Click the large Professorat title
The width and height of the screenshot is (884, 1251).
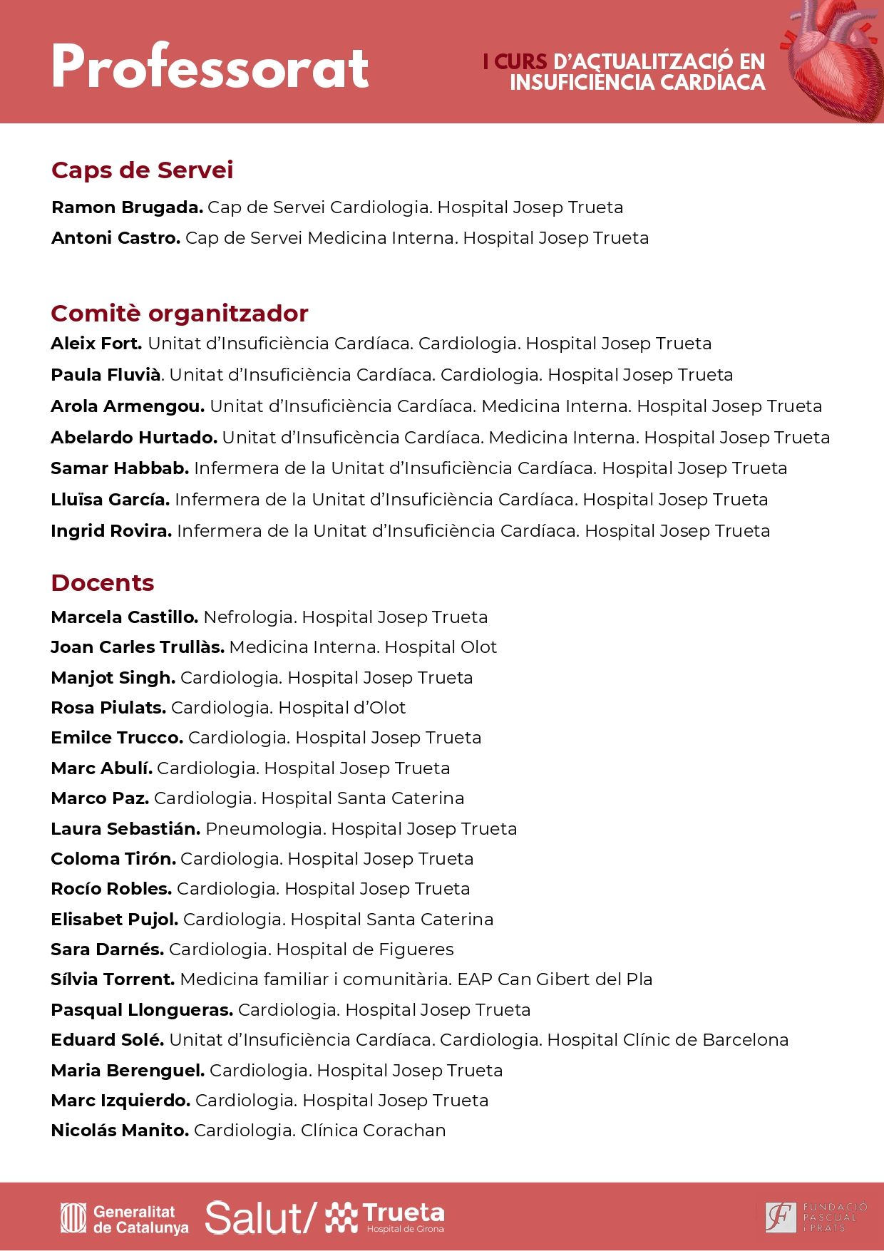pyautogui.click(x=210, y=67)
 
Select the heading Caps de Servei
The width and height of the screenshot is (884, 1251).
pyautogui.click(x=142, y=170)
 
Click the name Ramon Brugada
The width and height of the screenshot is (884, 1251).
pyautogui.click(x=127, y=207)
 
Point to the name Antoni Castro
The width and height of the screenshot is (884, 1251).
pyautogui.click(x=115, y=238)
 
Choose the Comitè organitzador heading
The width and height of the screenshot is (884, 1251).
pyautogui.click(x=179, y=314)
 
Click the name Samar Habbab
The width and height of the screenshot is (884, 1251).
pyautogui.click(x=119, y=468)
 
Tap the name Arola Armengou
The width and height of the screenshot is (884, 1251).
pyautogui.click(x=127, y=406)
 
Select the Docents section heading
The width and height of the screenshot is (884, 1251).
pyautogui.click(x=102, y=583)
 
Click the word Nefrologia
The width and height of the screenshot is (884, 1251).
pyautogui.click(x=250, y=617)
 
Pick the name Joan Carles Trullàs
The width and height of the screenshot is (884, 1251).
pyautogui.click(x=137, y=647)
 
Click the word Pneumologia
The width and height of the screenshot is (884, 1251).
pyautogui.click(x=265, y=829)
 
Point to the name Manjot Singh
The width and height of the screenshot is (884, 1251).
pyautogui.click(x=113, y=678)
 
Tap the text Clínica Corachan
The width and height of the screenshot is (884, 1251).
pyautogui.click(x=373, y=1131)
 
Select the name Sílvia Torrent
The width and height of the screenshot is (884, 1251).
pyautogui.click(x=113, y=979)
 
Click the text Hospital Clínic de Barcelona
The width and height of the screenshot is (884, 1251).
pyautogui.click(x=667, y=1040)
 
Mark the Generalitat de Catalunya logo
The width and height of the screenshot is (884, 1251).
pyautogui.click(x=125, y=1219)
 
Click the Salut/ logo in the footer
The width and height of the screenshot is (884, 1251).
pyautogui.click(x=260, y=1218)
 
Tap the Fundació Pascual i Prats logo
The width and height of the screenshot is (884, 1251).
pyautogui.click(x=816, y=1217)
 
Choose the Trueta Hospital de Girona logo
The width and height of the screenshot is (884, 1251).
pyautogui.click(x=386, y=1217)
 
